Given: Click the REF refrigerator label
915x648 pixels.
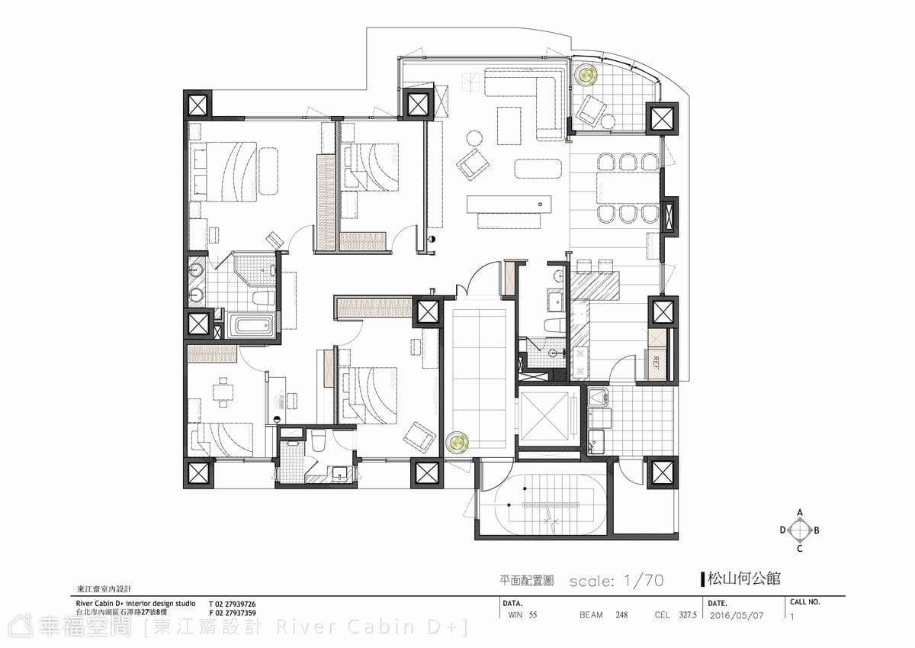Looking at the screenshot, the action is [656, 363].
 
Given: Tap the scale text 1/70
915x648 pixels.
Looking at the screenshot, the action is [644, 581].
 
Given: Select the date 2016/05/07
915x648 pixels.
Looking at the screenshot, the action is [737, 616].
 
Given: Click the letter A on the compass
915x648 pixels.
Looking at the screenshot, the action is [800, 512].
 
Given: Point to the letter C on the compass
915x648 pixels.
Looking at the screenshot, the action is [800, 549].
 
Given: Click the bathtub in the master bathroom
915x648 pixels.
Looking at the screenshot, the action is [250, 326].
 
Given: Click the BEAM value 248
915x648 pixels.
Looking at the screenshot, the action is [621, 615].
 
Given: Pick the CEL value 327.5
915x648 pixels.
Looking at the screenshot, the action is [688, 615].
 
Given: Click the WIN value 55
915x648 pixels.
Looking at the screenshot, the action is [533, 615].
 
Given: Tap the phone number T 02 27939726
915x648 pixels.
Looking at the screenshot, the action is [233, 604].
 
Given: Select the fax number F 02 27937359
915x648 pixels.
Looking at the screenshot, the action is [233, 613].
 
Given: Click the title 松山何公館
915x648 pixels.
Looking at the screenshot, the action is [743, 579].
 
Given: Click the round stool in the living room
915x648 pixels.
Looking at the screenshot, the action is [474, 138].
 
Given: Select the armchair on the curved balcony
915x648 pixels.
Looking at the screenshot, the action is [591, 111].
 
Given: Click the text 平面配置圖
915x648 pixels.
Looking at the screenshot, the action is [527, 581].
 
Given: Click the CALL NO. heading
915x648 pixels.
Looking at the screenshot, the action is [804, 602].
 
